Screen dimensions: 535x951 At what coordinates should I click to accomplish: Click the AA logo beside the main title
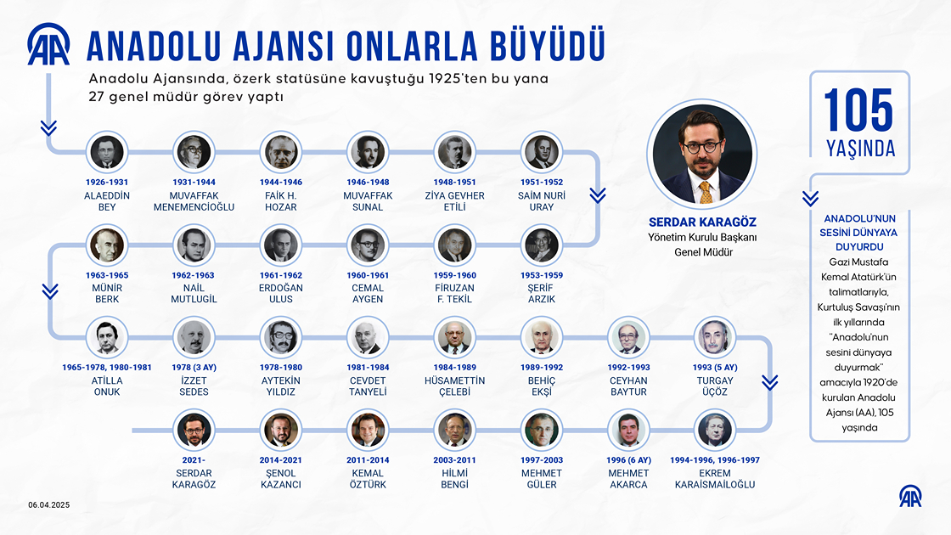[49, 45]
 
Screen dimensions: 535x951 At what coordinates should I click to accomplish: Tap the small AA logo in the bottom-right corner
[910, 498]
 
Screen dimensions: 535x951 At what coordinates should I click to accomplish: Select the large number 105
[858, 110]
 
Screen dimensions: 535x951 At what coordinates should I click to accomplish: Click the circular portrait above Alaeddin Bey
[106, 153]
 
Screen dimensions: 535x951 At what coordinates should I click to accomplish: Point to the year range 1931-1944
[194, 182]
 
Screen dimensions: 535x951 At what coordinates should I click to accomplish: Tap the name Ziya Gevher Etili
[453, 200]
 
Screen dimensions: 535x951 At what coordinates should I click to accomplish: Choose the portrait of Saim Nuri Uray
[541, 153]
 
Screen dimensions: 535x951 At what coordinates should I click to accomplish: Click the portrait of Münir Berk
[106, 245]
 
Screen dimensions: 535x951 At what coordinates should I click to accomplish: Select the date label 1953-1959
[541, 275]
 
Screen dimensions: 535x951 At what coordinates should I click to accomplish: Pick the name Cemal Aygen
[368, 293]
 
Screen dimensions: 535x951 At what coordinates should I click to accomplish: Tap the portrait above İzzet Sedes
[194, 338]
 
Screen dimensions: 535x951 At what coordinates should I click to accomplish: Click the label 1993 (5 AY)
[715, 368]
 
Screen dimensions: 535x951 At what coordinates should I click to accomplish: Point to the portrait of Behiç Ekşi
[541, 338]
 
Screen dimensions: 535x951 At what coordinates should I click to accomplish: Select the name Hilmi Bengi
[454, 478]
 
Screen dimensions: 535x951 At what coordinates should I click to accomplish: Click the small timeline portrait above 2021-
[194, 431]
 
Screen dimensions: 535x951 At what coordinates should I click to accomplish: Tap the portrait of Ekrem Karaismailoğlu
[715, 431]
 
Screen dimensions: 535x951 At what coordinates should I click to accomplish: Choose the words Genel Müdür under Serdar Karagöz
[701, 252]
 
